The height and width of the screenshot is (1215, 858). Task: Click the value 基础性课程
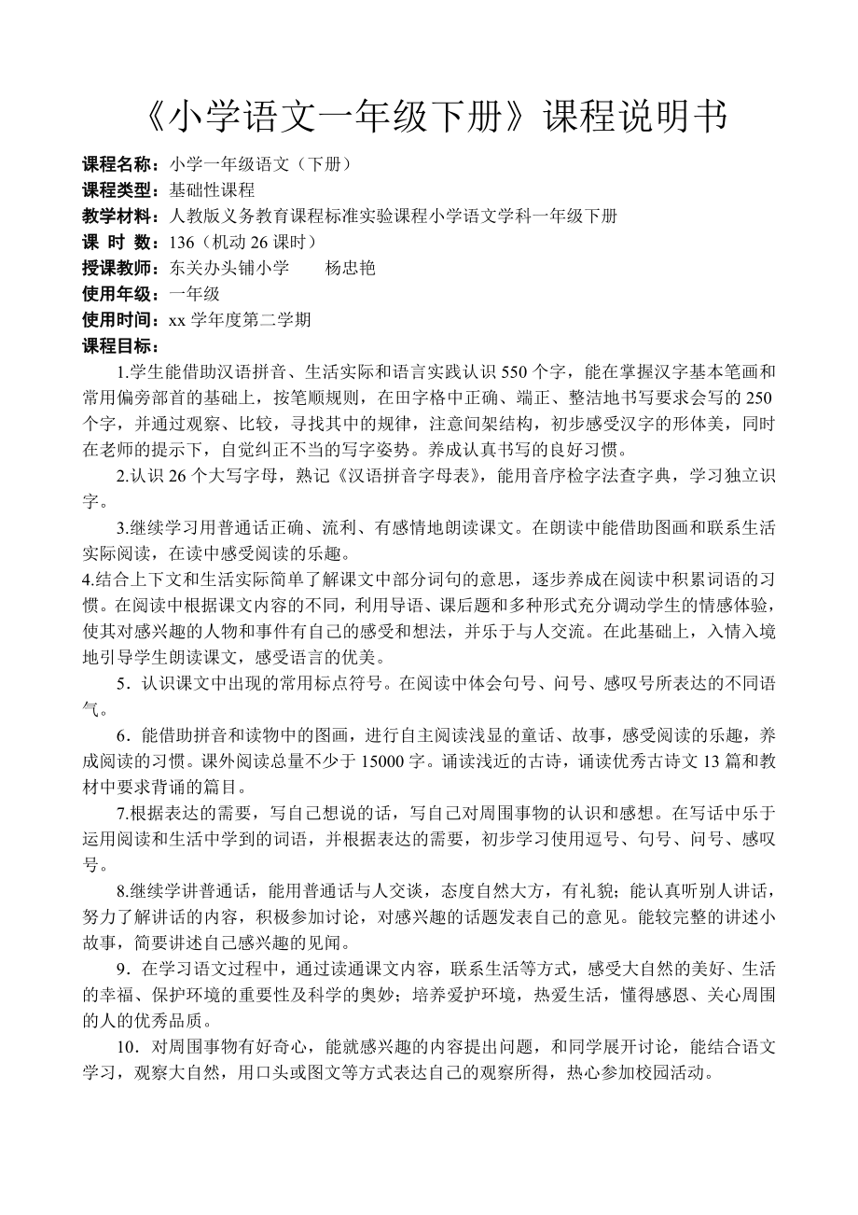click(212, 190)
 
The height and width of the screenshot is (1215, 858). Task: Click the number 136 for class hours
click(182, 243)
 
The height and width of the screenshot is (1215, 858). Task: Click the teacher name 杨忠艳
click(350, 269)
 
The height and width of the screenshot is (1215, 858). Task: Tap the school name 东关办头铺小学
click(229, 269)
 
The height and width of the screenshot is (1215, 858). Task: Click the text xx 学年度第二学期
click(240, 321)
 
